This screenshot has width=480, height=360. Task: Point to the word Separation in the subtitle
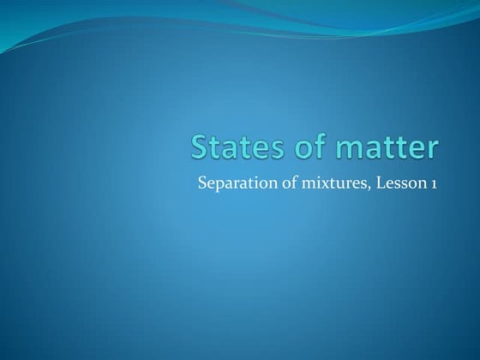click(x=230, y=182)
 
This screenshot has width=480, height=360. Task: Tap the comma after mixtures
click(x=347, y=186)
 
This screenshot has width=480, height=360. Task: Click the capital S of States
click(x=200, y=147)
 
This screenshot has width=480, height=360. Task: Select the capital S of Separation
click(x=202, y=182)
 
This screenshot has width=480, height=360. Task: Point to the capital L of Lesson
click(x=359, y=182)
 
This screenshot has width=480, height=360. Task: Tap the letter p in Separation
click(x=219, y=184)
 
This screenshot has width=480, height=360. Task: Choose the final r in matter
click(x=431, y=150)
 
